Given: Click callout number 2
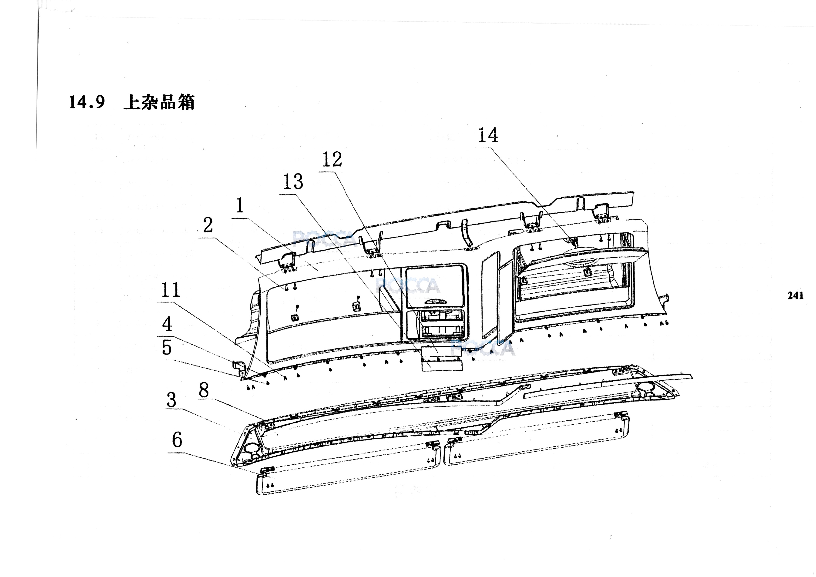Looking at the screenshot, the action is pyautogui.click(x=208, y=225).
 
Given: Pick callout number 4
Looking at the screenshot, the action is pyautogui.click(x=167, y=324).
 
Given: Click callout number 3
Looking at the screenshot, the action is pyautogui.click(x=171, y=400).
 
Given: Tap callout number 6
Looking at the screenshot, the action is pyautogui.click(x=177, y=440).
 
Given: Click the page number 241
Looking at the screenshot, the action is pyautogui.click(x=795, y=296).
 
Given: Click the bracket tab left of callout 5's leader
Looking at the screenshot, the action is pyautogui.click(x=239, y=368).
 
